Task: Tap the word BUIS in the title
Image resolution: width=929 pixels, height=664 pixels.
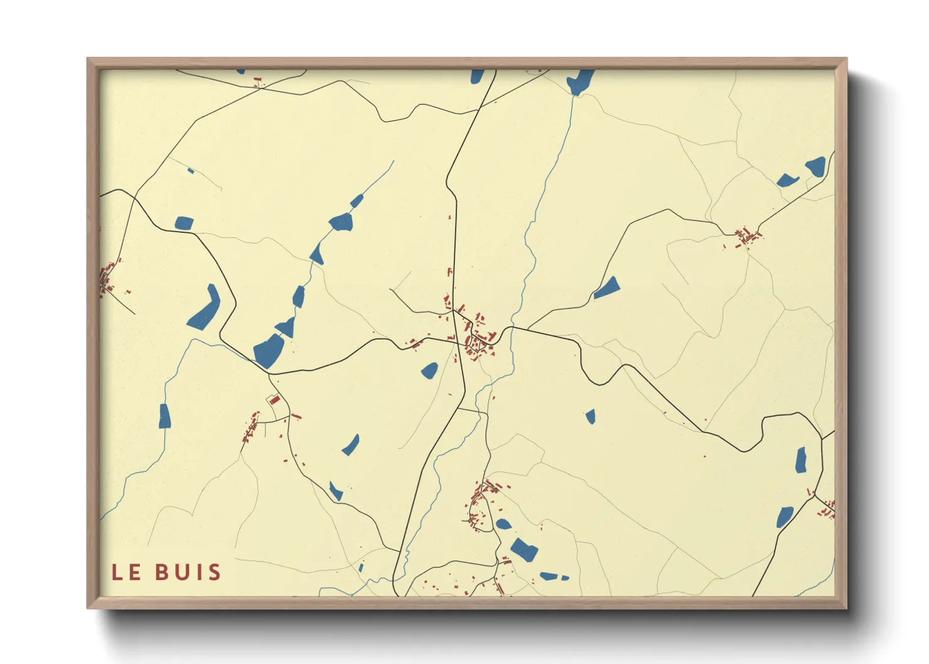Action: pos(188,572)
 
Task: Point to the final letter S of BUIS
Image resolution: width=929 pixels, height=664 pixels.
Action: pos(215,572)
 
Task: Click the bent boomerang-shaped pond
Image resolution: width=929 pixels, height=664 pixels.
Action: pos(205,309)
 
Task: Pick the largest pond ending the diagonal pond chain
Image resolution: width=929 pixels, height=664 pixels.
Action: pos(269,351)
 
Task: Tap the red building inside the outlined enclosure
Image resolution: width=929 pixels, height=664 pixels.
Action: pos(274,399)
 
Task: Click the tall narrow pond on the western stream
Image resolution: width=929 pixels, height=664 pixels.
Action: pos(164,416)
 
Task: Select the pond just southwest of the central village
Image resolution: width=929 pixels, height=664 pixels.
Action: pos(429,370)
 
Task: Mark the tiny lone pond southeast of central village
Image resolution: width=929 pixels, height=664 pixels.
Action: pos(590,416)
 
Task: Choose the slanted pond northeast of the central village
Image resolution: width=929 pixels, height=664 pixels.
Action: pos(607,288)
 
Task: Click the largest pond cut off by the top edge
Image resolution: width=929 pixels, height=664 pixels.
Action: pos(579,81)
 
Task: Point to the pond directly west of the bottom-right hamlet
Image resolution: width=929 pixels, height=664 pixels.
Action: pos(784,517)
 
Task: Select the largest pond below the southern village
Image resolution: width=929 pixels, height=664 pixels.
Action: pos(524,550)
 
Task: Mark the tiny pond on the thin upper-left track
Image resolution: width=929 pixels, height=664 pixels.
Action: pos(191,171)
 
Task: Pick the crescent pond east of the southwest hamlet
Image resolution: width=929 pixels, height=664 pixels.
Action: pos(351,445)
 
